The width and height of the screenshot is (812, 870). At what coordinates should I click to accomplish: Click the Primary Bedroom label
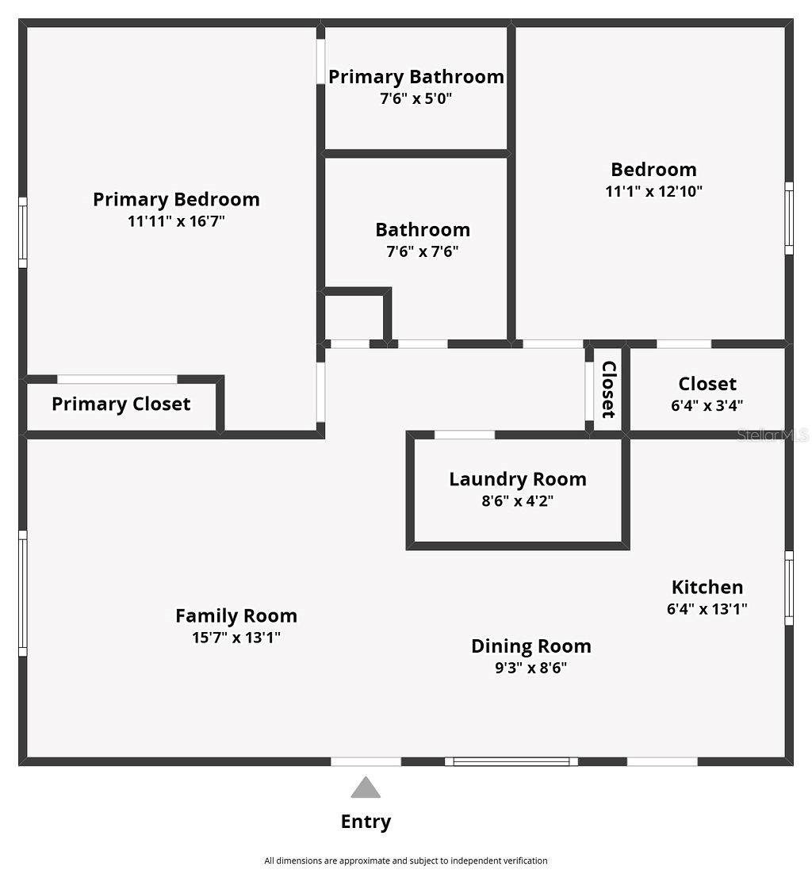tap(176, 199)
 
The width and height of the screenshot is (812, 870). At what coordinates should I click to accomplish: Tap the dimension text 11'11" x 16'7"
tap(176, 221)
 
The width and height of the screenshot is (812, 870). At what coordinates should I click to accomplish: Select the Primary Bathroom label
tap(416, 77)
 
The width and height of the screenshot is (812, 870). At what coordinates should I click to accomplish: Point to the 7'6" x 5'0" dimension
tap(416, 99)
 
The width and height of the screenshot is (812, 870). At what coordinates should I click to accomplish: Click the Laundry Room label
tap(518, 479)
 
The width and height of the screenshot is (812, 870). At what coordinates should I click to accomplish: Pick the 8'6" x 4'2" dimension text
tap(518, 501)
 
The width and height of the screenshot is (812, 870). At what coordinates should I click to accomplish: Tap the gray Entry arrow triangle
tap(366, 788)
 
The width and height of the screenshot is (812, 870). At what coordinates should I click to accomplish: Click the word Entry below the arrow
tap(366, 822)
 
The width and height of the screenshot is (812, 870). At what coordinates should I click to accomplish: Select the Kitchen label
tap(707, 587)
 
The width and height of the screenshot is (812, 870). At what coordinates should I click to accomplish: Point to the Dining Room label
tap(530, 646)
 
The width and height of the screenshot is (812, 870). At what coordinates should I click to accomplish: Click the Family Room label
tap(236, 615)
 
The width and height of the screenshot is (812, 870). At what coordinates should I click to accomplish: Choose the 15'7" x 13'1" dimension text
tap(236, 638)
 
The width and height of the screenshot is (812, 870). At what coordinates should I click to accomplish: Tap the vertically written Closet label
tap(609, 389)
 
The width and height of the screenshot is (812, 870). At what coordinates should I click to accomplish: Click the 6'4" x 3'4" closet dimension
tap(707, 405)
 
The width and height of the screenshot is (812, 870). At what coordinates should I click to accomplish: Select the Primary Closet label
tap(121, 404)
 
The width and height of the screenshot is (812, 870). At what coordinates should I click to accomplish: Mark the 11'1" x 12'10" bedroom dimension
tap(653, 191)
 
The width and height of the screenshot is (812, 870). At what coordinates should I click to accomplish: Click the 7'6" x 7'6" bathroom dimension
tap(423, 252)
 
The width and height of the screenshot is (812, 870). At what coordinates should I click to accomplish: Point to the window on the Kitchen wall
tap(789, 588)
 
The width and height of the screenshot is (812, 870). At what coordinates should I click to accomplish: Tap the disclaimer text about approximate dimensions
tap(405, 860)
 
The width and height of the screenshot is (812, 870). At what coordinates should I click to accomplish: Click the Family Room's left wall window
tap(23, 593)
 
